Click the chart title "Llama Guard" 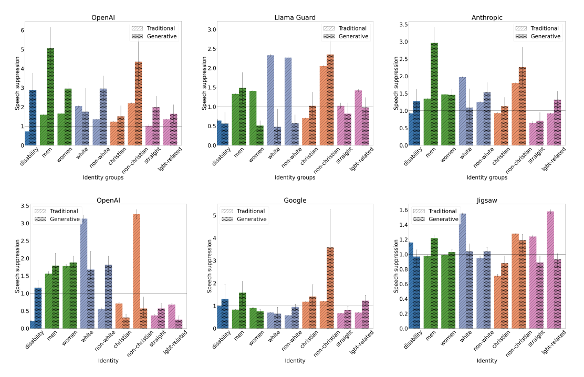tap(295, 17)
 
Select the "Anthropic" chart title tap(487, 17)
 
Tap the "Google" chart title tap(295, 201)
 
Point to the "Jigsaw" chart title tap(487, 201)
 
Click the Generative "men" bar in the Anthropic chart tap(434, 94)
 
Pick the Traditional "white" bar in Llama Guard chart tap(270, 100)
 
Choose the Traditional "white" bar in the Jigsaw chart tap(463, 271)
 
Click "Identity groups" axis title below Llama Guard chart tap(295, 177)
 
